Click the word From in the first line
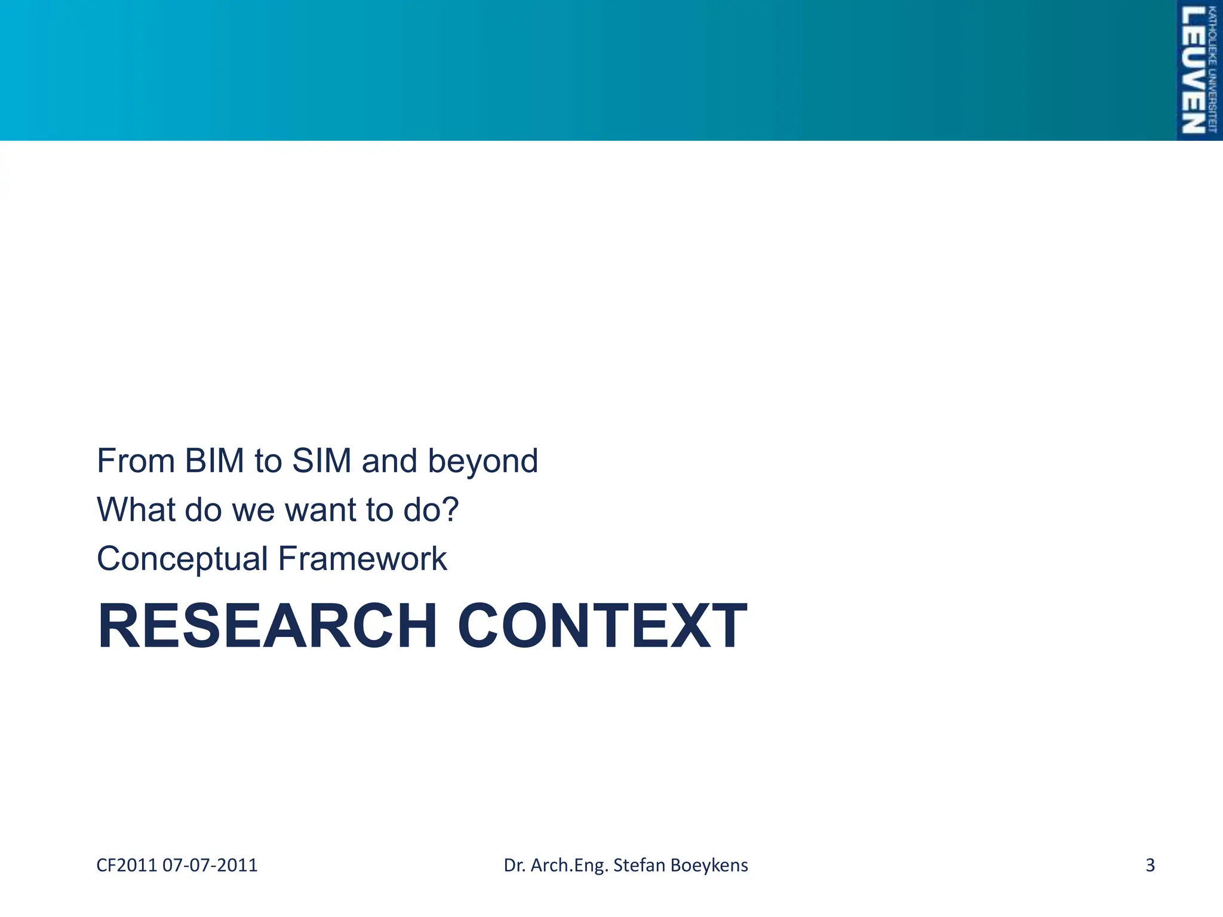click(x=136, y=461)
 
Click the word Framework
click(x=362, y=559)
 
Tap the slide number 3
click(x=1150, y=865)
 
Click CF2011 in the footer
click(x=127, y=865)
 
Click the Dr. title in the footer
click(x=514, y=865)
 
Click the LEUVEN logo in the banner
click(x=1192, y=70)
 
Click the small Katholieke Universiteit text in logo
click(x=1212, y=70)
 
